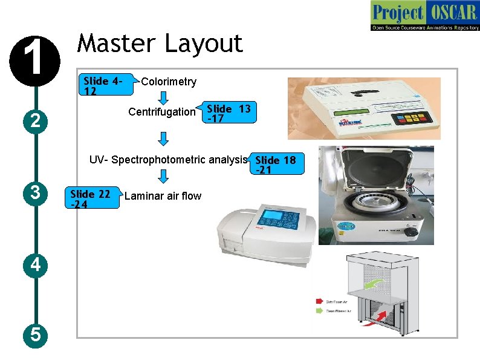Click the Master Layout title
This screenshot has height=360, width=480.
tap(160, 44)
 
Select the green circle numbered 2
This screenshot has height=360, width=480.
tap(36, 121)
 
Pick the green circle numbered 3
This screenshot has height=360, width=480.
tap(36, 194)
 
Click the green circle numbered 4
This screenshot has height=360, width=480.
tap(36, 264)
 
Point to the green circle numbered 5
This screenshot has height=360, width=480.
tap(36, 334)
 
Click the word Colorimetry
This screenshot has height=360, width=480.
tap(168, 82)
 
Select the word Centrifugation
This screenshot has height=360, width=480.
tap(162, 112)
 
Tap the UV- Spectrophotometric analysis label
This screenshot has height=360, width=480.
tap(168, 160)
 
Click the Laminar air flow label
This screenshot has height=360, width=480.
tap(163, 196)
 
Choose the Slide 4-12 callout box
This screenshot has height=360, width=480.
tap(106, 86)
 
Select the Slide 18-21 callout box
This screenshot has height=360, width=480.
tap(276, 165)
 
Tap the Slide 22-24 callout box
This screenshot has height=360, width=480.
tap(91, 198)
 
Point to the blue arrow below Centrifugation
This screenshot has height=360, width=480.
tap(163, 138)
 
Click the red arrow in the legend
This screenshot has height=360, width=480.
tap(319, 301)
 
